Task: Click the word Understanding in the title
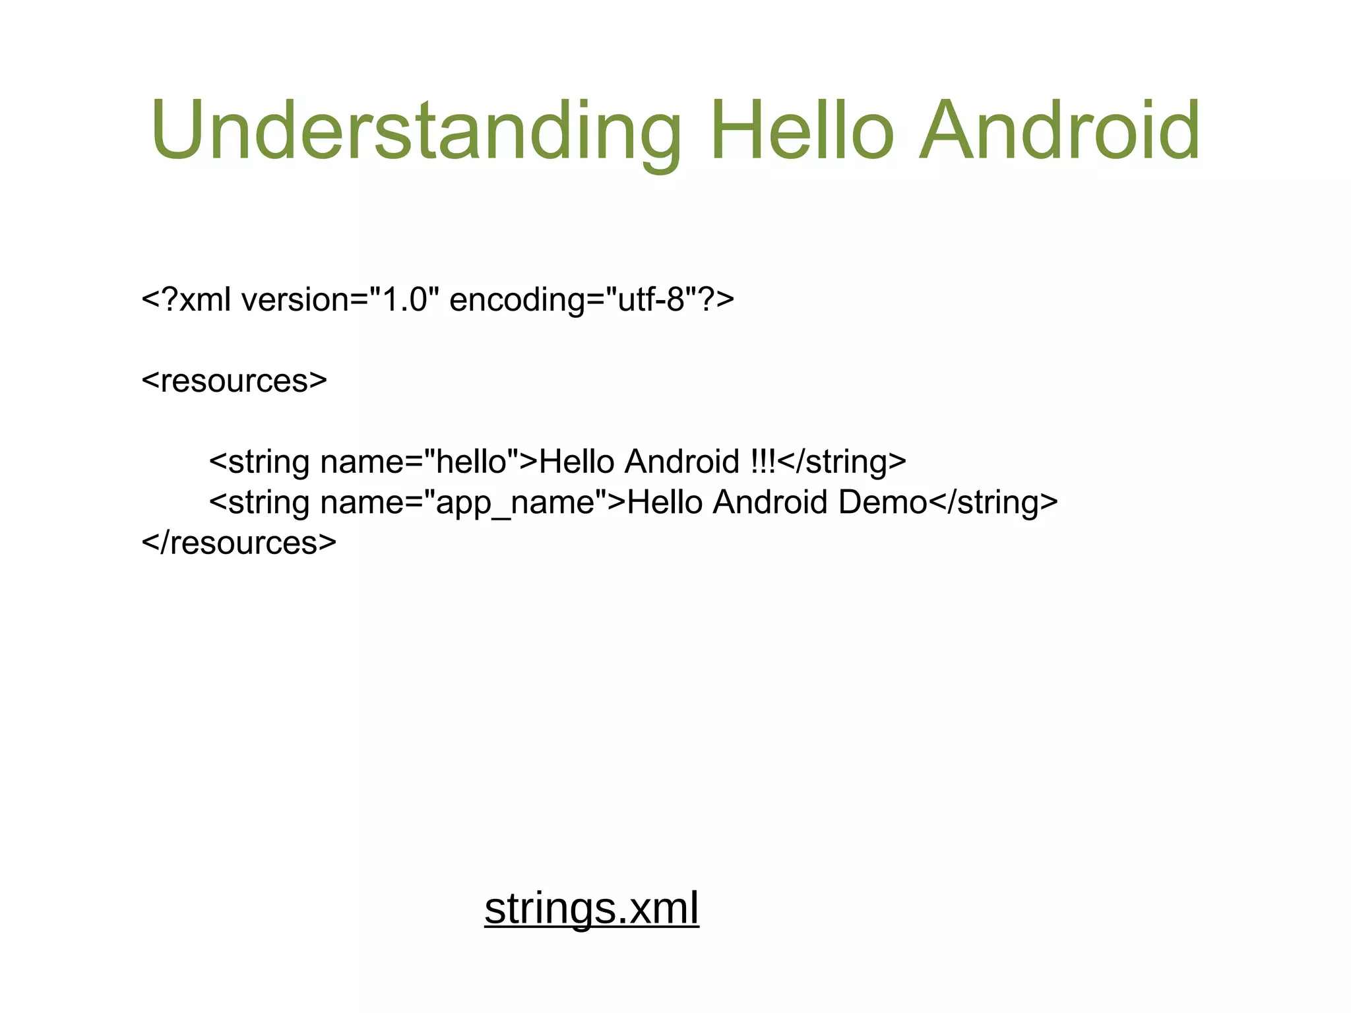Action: pos(416,130)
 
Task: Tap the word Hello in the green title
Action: pos(802,130)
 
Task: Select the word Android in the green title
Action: pos(1059,130)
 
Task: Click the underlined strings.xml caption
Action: pos(591,908)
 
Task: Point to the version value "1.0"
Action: pos(404,300)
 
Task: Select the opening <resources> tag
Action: pos(234,381)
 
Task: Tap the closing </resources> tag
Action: pos(239,543)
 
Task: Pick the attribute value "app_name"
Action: pos(515,503)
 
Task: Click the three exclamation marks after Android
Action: pos(763,462)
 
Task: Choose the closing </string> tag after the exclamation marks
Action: pos(842,462)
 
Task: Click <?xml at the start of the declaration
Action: pos(186,300)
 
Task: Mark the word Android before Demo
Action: pos(770,503)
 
